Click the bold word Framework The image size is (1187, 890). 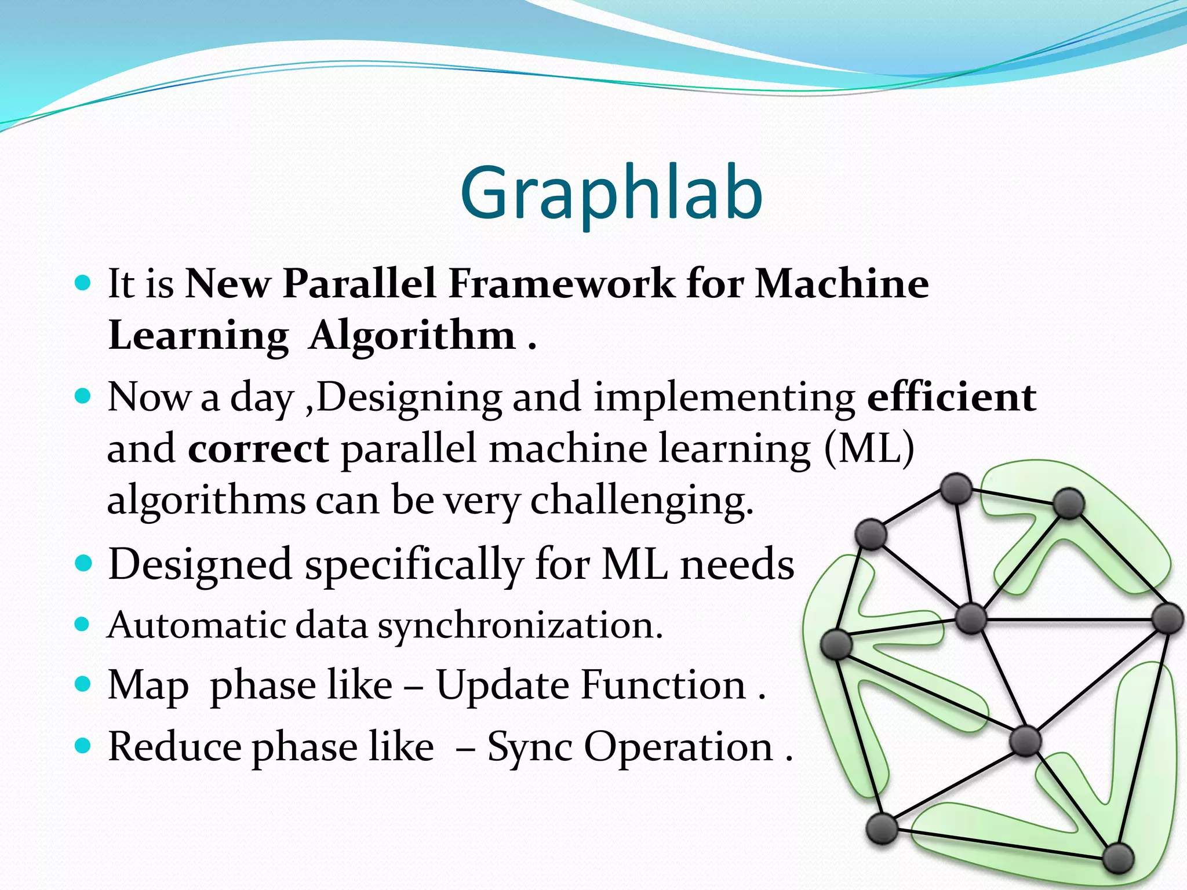pyautogui.click(x=561, y=284)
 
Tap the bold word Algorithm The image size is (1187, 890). pyautogui.click(x=412, y=335)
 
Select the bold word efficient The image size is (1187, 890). pyautogui.click(x=951, y=397)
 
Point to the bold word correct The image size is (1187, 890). pyautogui.click(x=258, y=449)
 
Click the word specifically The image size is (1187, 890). pyautogui.click(x=414, y=564)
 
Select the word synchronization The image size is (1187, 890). pyautogui.click(x=520, y=626)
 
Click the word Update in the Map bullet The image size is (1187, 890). pyautogui.click(x=503, y=685)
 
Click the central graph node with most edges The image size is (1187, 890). pyautogui.click(x=970, y=619)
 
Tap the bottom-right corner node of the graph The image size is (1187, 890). pyautogui.click(x=1117, y=858)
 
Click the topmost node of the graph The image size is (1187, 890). pyautogui.click(x=956, y=488)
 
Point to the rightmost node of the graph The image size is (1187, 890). pyautogui.click(x=1167, y=619)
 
